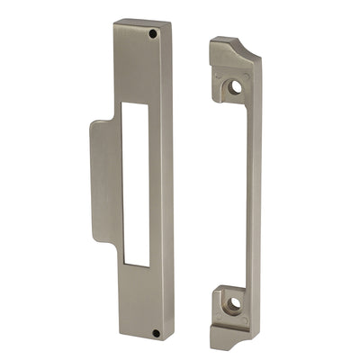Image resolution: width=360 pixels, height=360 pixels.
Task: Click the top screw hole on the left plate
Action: [153, 33]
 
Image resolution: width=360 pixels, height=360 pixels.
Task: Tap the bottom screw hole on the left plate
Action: [156, 333]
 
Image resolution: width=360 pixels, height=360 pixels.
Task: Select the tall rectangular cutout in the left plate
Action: [136, 184]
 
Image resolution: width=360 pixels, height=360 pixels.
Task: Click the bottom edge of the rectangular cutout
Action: [137, 265]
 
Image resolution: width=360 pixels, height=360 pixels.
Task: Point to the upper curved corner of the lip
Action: [94, 125]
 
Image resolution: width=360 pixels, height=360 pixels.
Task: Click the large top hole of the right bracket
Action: [235, 87]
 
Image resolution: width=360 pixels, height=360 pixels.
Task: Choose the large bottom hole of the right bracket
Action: [232, 304]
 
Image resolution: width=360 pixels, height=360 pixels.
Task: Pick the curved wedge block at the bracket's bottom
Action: [236, 336]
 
